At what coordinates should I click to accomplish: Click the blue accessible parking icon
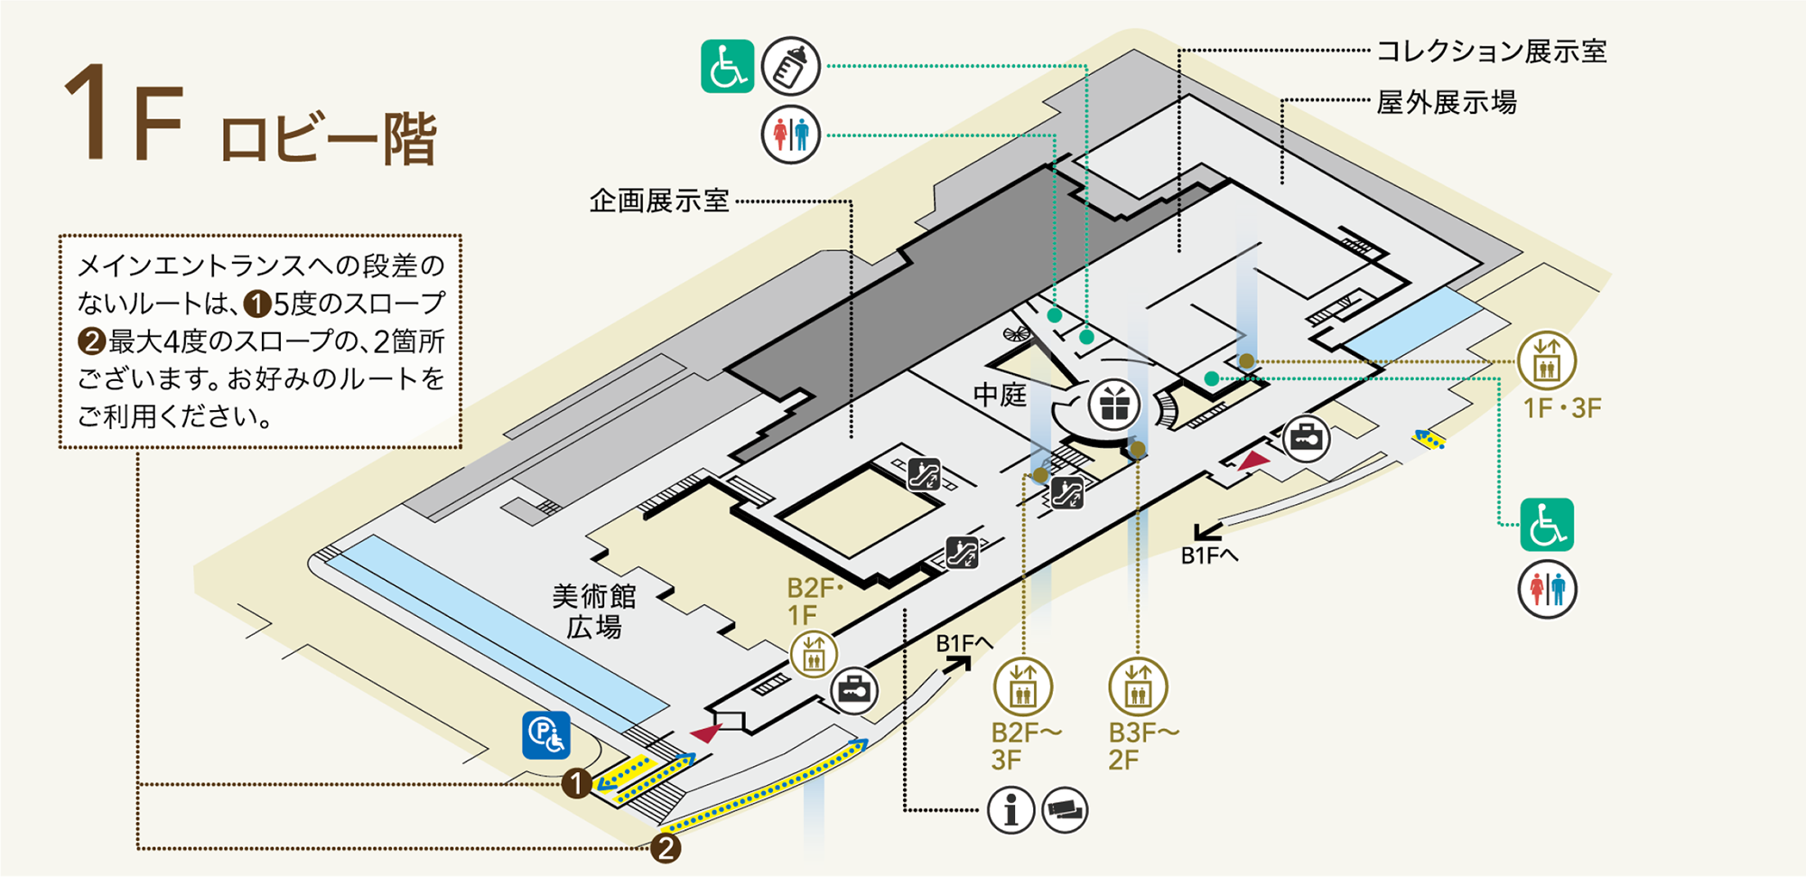coord(546,735)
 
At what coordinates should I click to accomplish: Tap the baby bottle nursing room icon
coord(790,66)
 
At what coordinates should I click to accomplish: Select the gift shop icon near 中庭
coord(1114,405)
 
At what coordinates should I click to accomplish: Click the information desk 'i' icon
coord(1010,810)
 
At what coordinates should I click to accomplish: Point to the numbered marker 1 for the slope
coord(576,783)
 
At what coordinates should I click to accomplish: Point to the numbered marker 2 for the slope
coord(666,848)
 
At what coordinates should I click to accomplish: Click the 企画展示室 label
coord(659,201)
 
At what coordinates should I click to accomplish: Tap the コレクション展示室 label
coord(1491,51)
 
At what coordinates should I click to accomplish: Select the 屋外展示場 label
coord(1446,103)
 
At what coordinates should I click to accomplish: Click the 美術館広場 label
coord(594,611)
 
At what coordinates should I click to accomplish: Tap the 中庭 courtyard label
coord(1000,395)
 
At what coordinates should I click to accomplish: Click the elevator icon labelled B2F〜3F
coord(1023,686)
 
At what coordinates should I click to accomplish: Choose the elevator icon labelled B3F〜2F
coord(1138,686)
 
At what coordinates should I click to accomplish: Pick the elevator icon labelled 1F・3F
coord(1547,359)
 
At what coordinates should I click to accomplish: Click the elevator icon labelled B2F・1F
coord(814,654)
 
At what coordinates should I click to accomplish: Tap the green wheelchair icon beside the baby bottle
coord(728,66)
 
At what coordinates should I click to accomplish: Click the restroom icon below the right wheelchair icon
coord(1547,590)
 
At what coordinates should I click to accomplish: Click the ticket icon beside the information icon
coord(1065,810)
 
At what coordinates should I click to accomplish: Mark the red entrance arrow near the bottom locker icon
coord(705,732)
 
